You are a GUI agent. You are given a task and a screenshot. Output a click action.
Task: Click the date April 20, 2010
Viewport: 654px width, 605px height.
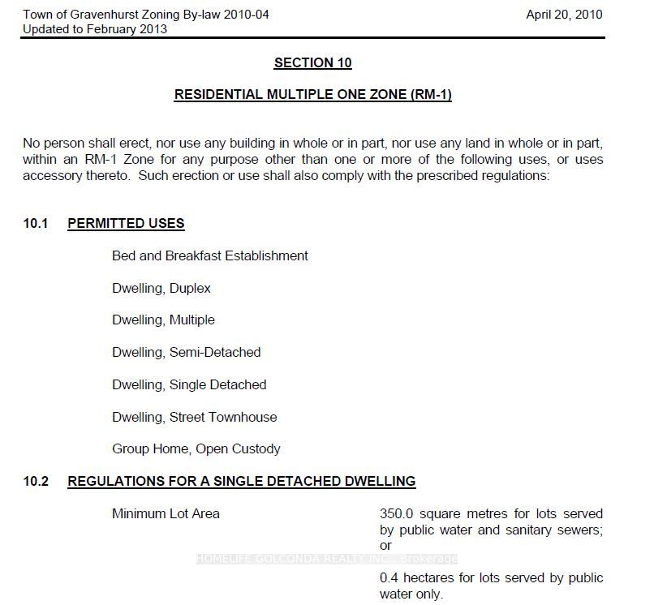point(564,15)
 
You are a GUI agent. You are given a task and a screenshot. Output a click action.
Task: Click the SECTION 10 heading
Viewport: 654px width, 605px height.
point(312,62)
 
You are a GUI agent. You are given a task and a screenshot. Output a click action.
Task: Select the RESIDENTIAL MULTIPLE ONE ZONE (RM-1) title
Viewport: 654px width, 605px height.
point(312,95)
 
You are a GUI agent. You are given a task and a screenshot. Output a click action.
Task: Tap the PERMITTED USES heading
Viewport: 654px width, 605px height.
point(126,223)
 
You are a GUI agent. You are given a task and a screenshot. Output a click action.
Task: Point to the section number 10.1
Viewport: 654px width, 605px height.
point(36,223)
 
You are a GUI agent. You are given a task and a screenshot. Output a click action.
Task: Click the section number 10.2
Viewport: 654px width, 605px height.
point(36,481)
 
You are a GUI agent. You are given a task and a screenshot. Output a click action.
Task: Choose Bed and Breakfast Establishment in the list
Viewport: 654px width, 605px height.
point(210,255)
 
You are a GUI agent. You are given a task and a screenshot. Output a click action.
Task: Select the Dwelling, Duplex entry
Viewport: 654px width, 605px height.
point(161,288)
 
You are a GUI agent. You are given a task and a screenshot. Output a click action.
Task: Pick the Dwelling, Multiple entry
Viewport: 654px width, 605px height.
point(163,320)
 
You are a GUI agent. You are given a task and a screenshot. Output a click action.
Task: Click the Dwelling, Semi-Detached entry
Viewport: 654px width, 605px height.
point(187,352)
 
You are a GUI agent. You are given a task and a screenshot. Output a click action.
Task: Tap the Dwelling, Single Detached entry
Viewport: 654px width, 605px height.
point(189,384)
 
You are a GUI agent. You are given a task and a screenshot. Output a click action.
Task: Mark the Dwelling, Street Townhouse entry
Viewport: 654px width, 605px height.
point(195,417)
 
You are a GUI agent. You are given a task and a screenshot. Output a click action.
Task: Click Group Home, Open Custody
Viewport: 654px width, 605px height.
point(196,448)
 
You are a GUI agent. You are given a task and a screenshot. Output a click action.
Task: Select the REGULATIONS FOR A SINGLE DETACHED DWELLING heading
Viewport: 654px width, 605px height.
point(241,481)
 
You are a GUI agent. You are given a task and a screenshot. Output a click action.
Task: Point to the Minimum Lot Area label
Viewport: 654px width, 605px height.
point(166,513)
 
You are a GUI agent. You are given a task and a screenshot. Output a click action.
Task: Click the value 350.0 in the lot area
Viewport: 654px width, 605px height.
point(397,513)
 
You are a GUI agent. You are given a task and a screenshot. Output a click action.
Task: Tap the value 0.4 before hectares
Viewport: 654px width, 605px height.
point(389,578)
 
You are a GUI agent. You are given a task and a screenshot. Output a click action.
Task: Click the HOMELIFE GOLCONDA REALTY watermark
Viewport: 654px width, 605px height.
point(326,559)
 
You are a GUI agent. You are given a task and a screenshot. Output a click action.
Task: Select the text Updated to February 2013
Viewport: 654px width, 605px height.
point(95,29)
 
